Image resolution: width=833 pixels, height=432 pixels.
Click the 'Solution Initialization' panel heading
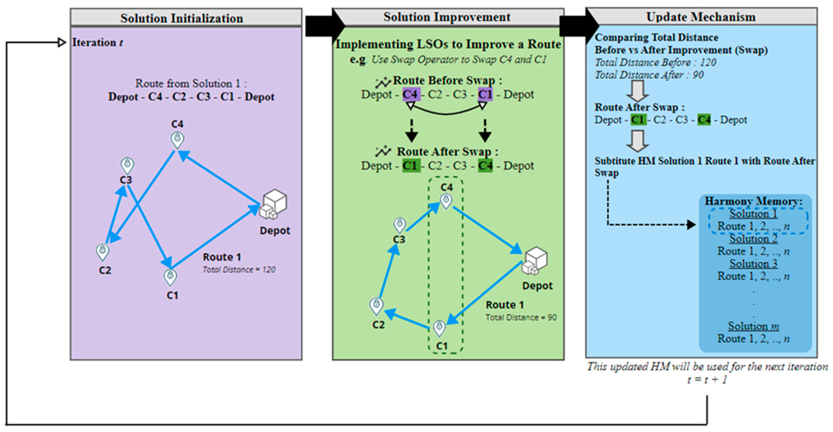[182, 18]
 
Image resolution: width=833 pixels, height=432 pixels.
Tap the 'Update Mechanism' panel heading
[700, 17]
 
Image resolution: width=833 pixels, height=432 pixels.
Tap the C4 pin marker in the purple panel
[177, 140]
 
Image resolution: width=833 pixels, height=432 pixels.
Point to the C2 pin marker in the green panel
[376, 306]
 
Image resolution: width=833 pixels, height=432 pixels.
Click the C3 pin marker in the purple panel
[127, 166]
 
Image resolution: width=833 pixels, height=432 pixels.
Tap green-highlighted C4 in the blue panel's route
[704, 120]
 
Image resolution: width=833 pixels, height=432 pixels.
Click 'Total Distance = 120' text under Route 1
[239, 270]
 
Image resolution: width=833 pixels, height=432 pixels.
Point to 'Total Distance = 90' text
[521, 317]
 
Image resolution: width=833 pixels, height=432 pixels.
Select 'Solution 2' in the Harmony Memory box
[753, 239]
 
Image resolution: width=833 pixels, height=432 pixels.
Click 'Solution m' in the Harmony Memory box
[753, 326]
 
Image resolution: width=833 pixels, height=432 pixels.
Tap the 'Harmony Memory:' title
[753, 201]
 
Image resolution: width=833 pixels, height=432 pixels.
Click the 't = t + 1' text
[707, 380]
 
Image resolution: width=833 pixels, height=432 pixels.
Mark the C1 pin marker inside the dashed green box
[439, 328]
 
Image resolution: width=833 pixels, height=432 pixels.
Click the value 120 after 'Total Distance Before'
[708, 62]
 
